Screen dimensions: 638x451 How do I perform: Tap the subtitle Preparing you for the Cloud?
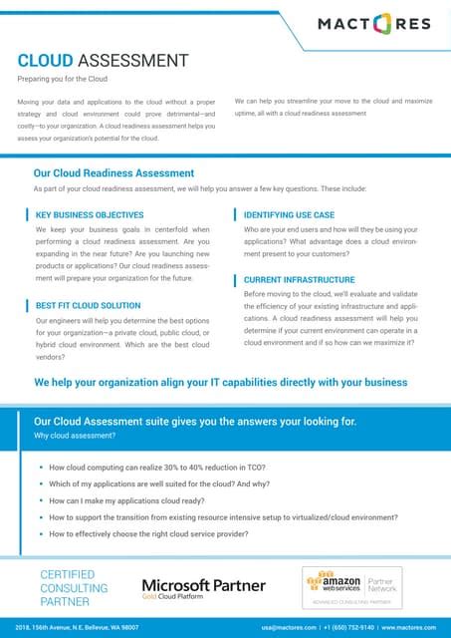tap(63, 79)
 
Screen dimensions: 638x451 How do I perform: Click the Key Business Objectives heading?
tap(90, 214)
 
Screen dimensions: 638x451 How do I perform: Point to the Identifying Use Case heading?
tap(289, 214)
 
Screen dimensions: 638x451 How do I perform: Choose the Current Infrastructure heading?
tap(299, 280)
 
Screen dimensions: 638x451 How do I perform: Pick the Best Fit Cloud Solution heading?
tap(88, 304)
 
